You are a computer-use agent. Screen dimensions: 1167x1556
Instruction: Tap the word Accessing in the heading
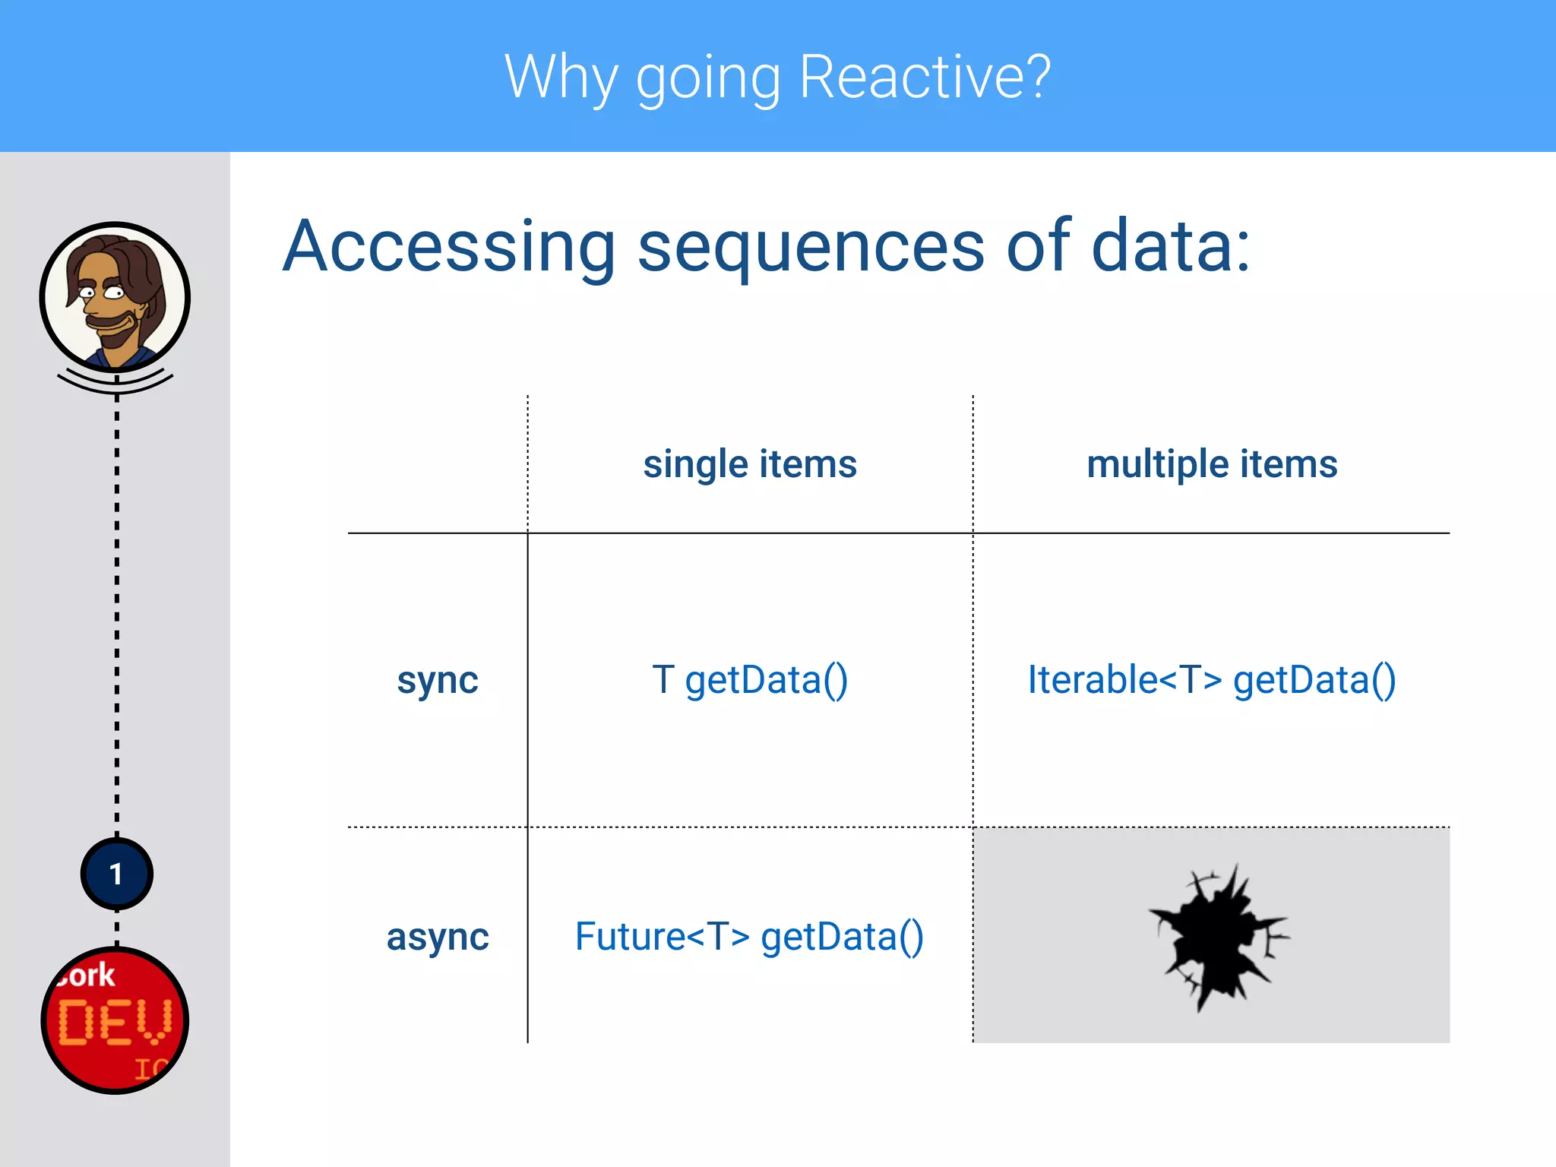click(448, 246)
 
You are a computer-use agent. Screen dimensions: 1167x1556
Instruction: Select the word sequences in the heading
click(811, 246)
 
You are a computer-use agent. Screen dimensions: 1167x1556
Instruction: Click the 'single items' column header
click(749, 463)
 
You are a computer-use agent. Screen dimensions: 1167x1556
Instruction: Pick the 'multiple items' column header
click(1212, 463)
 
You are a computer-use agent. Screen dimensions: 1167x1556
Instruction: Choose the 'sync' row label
click(438, 679)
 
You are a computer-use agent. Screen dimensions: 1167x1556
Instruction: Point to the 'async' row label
click(438, 936)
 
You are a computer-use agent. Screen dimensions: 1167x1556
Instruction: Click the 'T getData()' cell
click(749, 679)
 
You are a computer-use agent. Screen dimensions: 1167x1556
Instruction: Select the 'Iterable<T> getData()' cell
click(1212, 679)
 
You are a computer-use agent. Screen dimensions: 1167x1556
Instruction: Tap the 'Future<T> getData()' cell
click(749, 936)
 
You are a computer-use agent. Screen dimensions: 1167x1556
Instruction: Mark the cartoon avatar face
click(114, 296)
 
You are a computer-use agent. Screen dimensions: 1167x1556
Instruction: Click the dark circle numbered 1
click(116, 874)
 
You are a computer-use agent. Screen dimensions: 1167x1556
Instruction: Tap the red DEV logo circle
click(115, 1020)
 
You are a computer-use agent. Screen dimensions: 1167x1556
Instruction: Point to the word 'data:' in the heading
click(1170, 246)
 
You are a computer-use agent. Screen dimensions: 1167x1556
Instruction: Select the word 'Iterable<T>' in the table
click(1124, 679)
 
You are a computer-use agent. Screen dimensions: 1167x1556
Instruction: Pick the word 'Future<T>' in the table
click(662, 936)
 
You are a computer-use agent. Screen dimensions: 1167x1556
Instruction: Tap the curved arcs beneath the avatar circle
click(115, 384)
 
